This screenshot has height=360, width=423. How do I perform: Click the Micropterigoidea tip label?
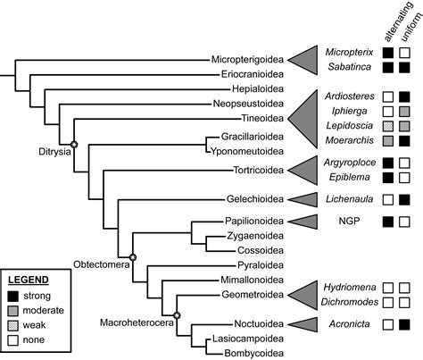[x=247, y=60]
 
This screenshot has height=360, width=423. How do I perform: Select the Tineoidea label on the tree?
[x=262, y=118]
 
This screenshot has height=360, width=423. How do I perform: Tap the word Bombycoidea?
[x=253, y=354]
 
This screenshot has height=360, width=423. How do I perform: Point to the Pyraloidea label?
[x=261, y=265]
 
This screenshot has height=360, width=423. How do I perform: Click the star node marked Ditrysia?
[x=74, y=145]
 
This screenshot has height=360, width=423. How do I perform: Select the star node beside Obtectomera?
[x=133, y=256]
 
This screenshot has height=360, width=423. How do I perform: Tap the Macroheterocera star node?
[x=177, y=315]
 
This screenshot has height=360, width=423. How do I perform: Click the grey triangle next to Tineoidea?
[x=303, y=119]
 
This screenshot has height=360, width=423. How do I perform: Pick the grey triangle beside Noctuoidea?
[x=303, y=324]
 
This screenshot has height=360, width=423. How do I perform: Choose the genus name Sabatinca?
[x=350, y=67]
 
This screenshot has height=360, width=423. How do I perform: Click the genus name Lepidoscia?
[x=350, y=126]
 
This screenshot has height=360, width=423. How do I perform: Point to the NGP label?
[x=349, y=221]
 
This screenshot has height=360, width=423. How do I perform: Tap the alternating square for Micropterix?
[x=388, y=53]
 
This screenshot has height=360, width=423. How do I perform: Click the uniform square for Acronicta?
[x=404, y=324]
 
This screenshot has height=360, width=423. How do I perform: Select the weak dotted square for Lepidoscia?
[x=388, y=126]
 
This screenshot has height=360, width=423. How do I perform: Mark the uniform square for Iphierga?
[x=404, y=112]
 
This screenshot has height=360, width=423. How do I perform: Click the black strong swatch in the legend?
[x=13, y=297]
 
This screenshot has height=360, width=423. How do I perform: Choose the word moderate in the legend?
[x=44, y=310]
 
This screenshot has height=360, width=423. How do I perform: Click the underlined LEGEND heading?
[x=29, y=280]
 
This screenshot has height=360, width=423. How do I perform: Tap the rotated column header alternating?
[x=399, y=21]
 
